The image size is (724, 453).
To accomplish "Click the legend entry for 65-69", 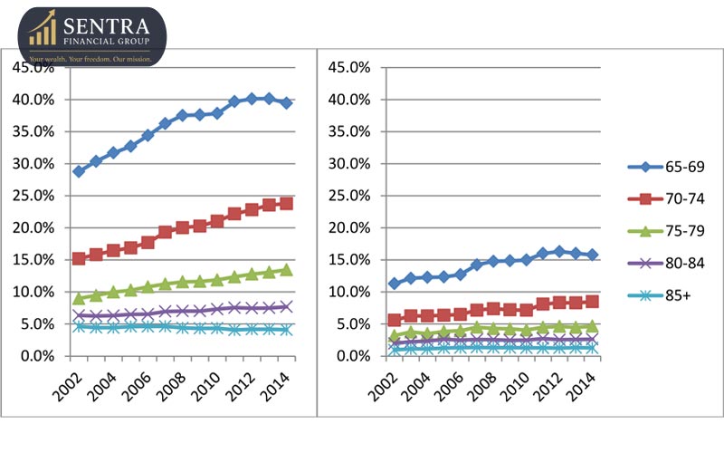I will click(666, 167).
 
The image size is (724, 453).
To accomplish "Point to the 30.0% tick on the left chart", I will click(33, 164).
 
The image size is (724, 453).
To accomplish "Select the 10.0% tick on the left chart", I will click(33, 293).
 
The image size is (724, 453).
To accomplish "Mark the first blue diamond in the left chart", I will click(80, 171).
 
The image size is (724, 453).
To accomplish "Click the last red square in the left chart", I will click(286, 204).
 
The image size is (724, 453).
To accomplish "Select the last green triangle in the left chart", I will click(286, 269).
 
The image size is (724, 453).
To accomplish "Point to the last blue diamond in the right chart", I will click(592, 255).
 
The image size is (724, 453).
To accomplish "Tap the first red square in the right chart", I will click(395, 320).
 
